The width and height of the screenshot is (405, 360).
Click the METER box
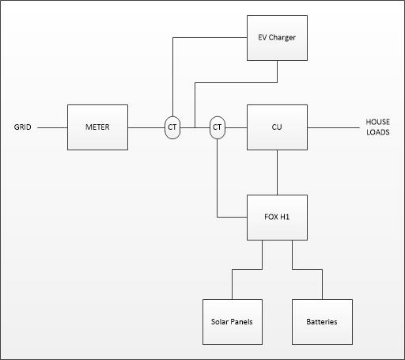97,127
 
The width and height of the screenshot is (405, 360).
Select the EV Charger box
277,38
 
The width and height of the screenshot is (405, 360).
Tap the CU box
277,127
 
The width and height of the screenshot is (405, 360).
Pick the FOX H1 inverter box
277,218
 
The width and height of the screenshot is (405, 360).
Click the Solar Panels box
233,322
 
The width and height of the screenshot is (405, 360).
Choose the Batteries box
322,322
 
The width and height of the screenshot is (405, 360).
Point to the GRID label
22,127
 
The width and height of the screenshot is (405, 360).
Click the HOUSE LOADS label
377,127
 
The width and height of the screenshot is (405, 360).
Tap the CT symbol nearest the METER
172,127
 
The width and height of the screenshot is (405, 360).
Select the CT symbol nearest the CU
218,127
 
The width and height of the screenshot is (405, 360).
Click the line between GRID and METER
52,127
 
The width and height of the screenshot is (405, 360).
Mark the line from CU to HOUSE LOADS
333,127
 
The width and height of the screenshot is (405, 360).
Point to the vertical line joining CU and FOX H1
277,172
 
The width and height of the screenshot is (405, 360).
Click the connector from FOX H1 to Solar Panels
247,269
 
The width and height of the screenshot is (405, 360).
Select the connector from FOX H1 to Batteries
307,269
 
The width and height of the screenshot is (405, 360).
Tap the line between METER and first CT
146,127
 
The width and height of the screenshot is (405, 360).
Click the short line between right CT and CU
236,127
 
